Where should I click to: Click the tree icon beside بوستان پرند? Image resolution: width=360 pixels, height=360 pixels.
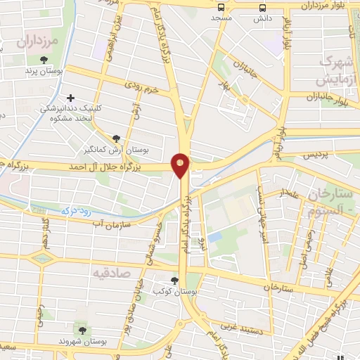pyautogui.click(x=44, y=60)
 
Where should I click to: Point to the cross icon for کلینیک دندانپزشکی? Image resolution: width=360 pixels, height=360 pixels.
pyautogui.click(x=69, y=98)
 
